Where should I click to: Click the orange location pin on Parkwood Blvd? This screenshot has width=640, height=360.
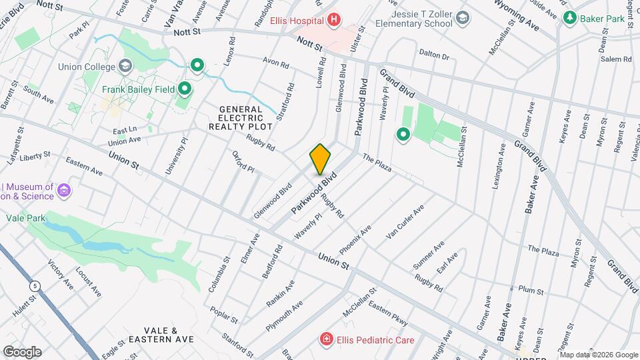(320, 159)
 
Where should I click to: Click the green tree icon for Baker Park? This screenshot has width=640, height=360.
(569, 18)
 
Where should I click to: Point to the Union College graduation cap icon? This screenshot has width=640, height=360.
(125, 66)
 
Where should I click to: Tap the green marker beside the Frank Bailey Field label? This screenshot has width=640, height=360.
(185, 89)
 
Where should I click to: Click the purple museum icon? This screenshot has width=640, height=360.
(64, 191)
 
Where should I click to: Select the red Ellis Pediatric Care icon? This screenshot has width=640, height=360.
(326, 340)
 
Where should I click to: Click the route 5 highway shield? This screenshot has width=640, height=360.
(33, 285)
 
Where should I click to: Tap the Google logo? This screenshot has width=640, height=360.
(22, 351)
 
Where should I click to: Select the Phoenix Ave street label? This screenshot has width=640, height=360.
(355, 240)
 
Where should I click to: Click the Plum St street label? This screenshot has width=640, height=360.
(531, 291)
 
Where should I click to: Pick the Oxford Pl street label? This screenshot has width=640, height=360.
(243, 161)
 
